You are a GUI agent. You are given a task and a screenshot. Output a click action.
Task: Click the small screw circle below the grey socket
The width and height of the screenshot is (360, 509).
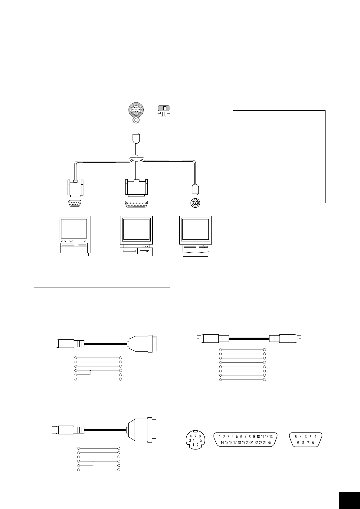click(136, 120)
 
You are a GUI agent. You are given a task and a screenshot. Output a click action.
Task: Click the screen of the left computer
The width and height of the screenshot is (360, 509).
click(74, 229)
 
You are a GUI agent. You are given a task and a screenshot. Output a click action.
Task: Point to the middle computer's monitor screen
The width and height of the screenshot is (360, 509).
click(136, 229)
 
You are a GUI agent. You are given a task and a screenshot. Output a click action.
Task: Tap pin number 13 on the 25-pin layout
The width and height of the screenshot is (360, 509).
click(271, 436)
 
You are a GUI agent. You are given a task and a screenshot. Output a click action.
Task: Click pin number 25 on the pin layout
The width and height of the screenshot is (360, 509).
click(269, 443)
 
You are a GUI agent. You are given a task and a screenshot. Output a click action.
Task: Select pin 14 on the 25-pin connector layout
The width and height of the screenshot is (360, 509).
click(222, 443)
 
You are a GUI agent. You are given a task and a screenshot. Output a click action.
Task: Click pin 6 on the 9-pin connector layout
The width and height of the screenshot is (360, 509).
click(313, 443)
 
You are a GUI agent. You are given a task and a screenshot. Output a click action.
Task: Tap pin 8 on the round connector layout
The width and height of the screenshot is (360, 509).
click(200, 436)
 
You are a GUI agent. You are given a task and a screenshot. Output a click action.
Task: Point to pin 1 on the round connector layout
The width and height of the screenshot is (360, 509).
click(193, 445)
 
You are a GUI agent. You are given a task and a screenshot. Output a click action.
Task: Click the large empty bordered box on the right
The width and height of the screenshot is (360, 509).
click(279, 157)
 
